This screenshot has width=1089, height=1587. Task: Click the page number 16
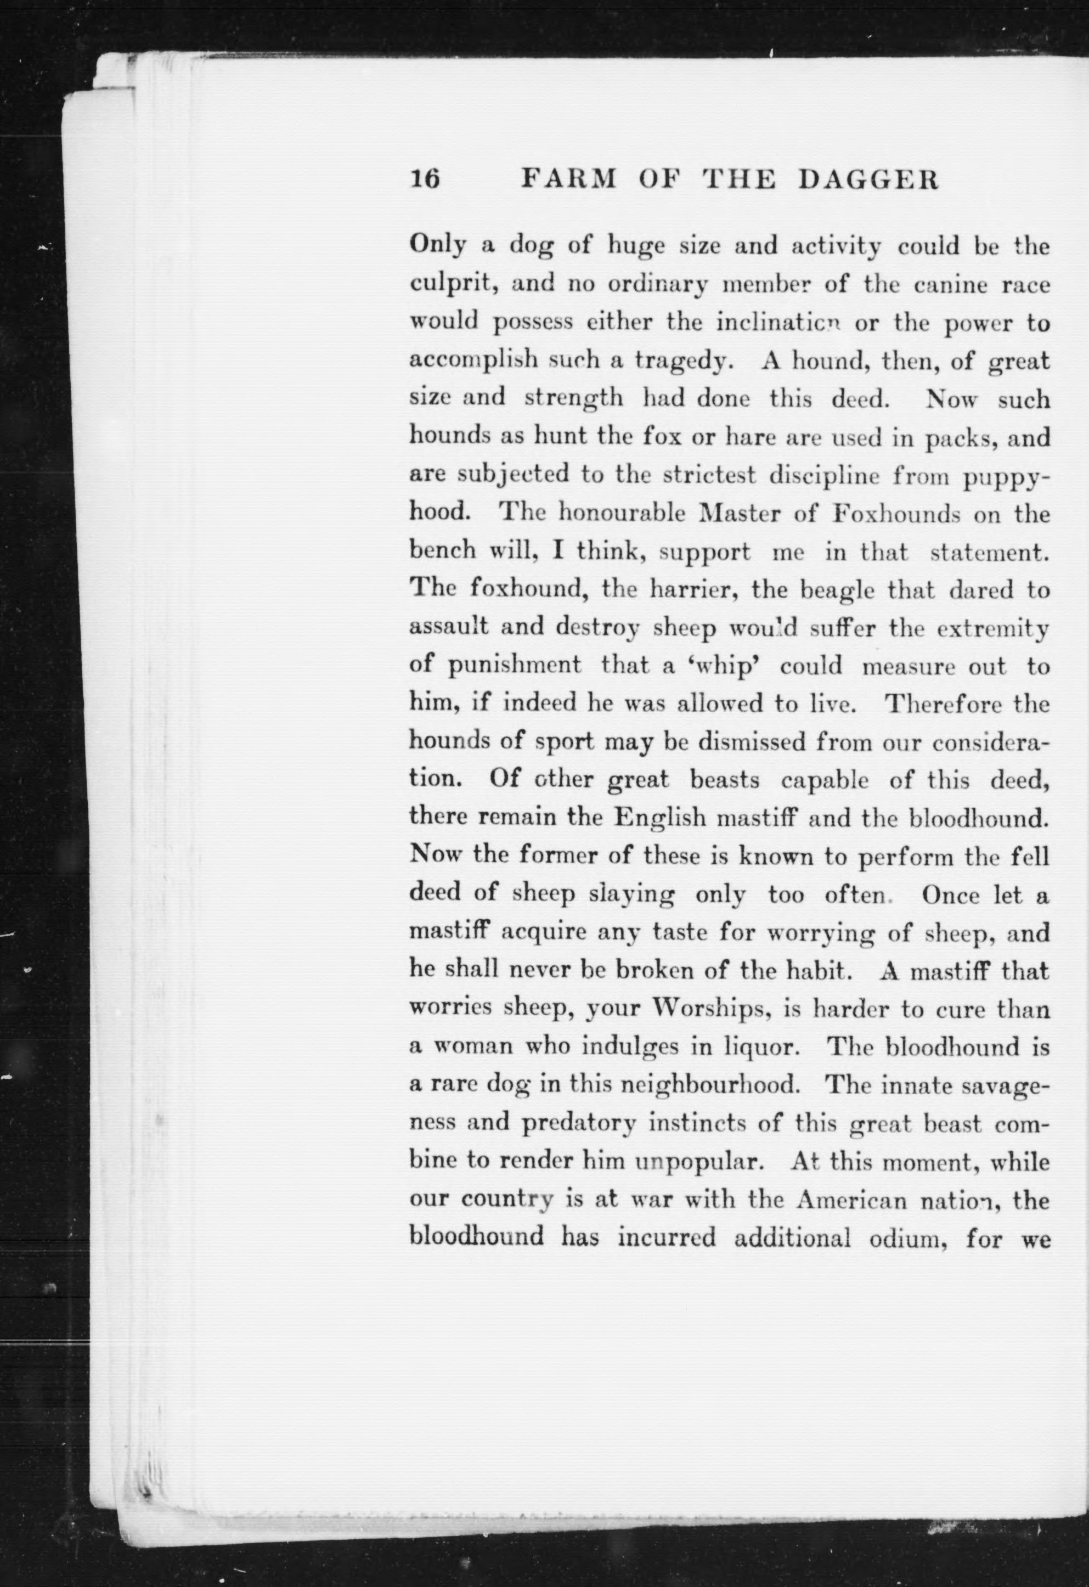425,179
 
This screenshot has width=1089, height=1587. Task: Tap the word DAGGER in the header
868,179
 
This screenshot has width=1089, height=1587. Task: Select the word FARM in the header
569,179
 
